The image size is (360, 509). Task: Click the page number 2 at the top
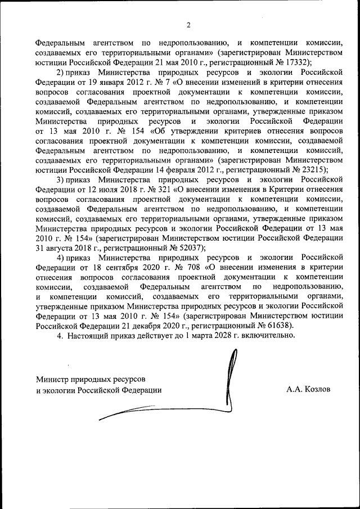coord(189,25)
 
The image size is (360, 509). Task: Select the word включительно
coord(264,335)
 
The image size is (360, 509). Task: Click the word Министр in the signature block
coord(52,379)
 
